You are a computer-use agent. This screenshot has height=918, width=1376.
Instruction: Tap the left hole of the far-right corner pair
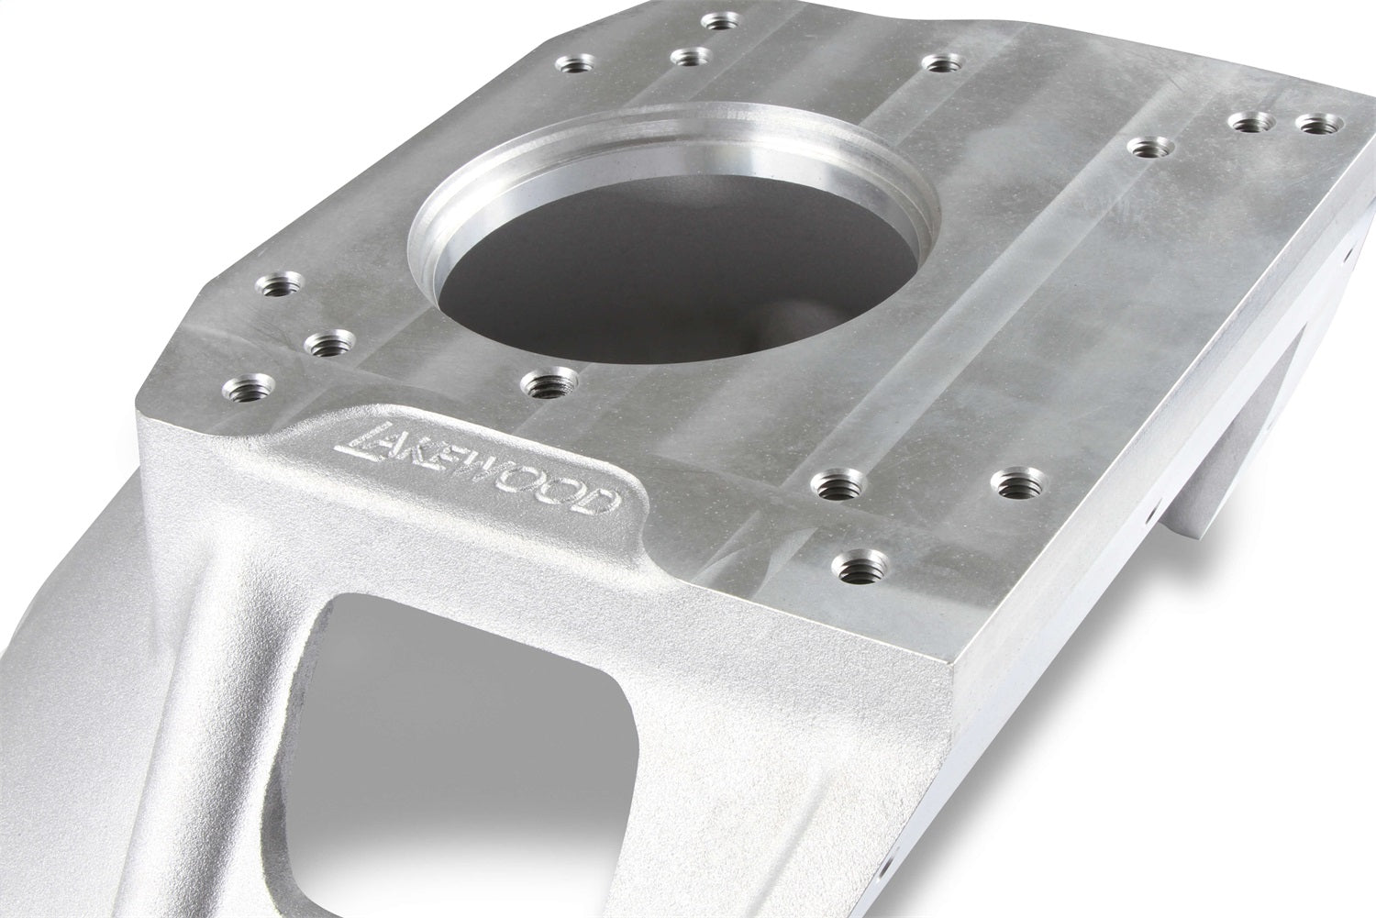coord(1253,122)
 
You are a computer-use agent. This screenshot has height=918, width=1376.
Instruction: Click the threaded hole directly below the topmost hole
coord(693,58)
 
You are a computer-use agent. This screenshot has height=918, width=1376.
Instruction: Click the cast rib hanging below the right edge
coord(1220,477)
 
